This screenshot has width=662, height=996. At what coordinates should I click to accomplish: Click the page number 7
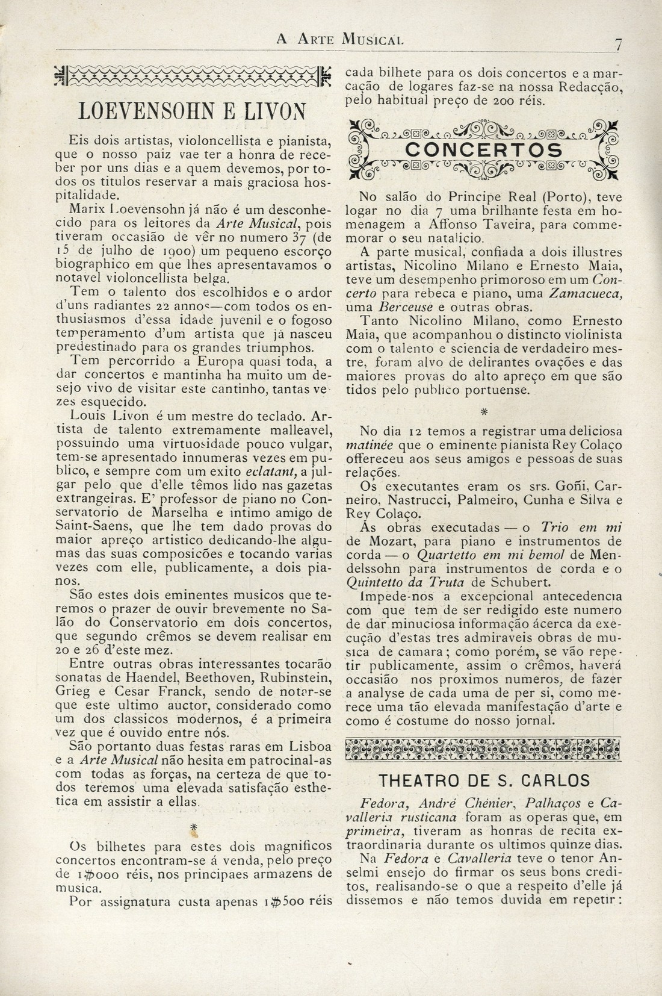coord(617,43)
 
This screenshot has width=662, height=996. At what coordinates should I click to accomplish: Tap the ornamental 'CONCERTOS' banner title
coord(484,149)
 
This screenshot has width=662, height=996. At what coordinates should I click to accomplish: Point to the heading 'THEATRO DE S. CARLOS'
coord(484,780)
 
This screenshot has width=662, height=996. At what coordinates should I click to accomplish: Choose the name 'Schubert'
coord(509,582)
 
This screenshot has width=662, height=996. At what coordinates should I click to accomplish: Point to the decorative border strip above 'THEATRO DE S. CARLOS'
coord(484,749)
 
